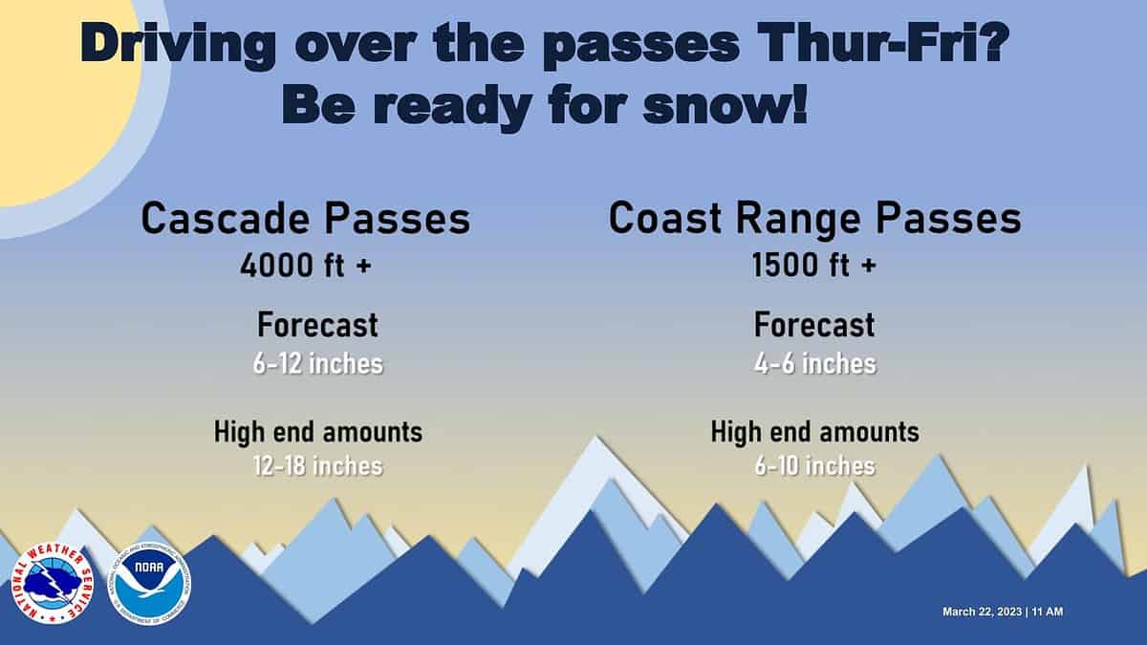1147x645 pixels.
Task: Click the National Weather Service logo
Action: [x=53, y=584]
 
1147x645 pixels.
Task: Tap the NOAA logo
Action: [x=149, y=584]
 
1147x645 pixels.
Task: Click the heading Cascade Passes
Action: [x=306, y=219]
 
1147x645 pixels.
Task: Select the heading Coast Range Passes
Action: [x=815, y=219]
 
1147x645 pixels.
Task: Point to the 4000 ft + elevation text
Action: [x=306, y=266]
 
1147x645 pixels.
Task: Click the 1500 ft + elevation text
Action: [x=814, y=266]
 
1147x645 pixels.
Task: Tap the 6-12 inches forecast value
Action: [x=318, y=364]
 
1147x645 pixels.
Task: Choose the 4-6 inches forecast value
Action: [x=815, y=364]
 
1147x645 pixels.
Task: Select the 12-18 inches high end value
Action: [x=318, y=466]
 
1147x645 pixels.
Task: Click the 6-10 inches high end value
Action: [x=815, y=466]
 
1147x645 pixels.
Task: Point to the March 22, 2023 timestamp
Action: [x=1003, y=612]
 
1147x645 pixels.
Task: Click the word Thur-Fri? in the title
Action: [x=881, y=42]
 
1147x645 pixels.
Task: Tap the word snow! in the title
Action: [x=725, y=106]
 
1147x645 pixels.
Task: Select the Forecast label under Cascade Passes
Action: [x=317, y=325]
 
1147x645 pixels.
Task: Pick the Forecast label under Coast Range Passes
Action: [x=814, y=325]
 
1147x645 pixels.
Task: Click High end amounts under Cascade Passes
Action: [x=318, y=432]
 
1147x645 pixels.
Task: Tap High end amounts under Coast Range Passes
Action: [x=815, y=432]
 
